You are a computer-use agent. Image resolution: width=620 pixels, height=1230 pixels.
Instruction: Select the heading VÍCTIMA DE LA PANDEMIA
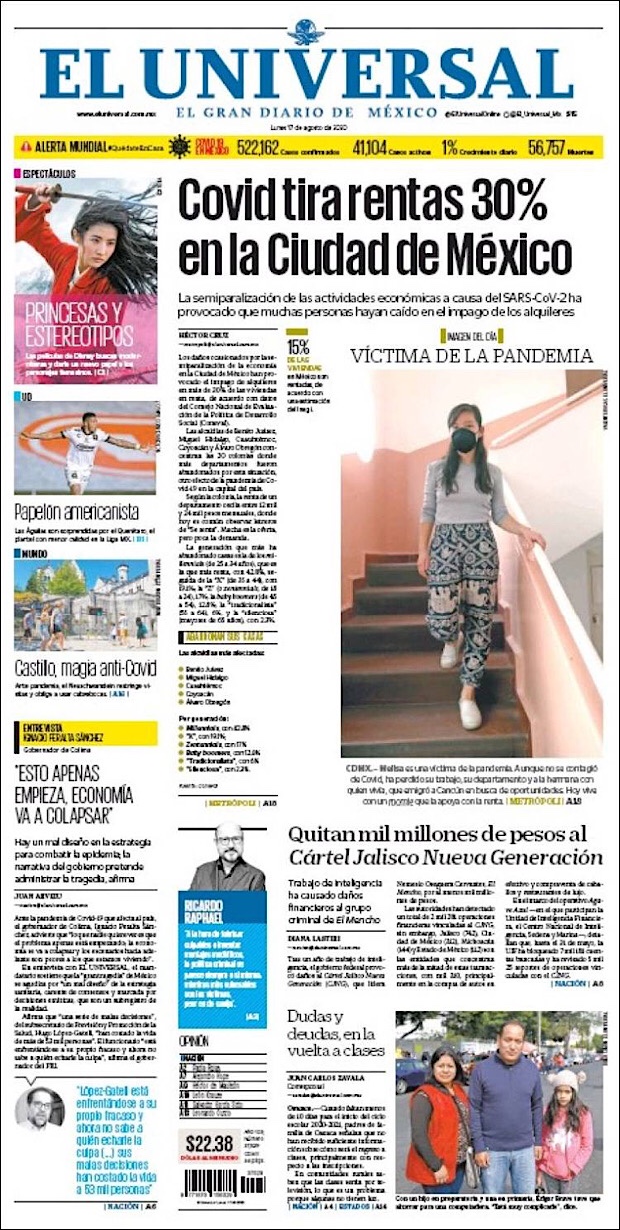(471, 355)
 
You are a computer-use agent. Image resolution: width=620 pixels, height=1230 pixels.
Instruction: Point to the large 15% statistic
(298, 347)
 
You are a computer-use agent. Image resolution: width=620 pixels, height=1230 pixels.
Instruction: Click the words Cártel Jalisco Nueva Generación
(446, 857)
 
